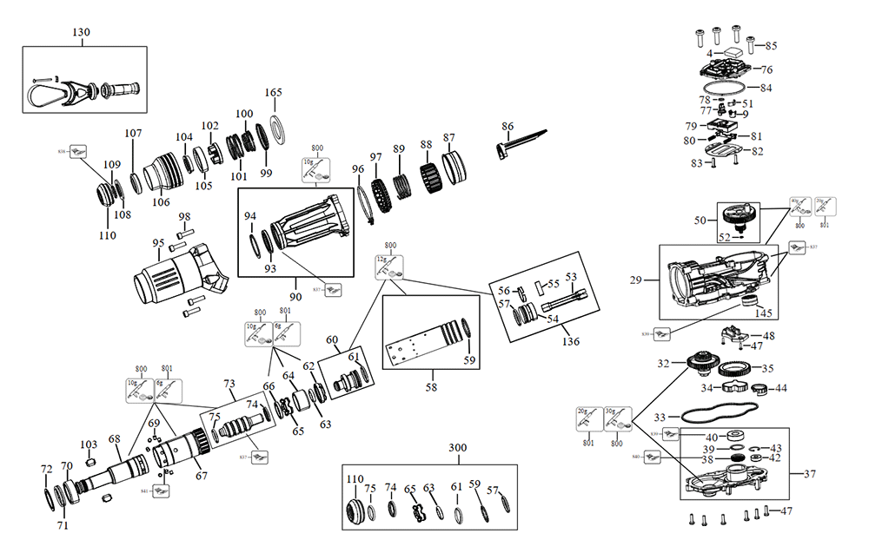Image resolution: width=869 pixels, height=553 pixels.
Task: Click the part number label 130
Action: pyautogui.click(x=81, y=32)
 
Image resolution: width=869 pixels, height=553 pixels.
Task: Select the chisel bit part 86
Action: pyautogui.click(x=522, y=141)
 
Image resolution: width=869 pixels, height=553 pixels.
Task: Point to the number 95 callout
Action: pyautogui.click(x=158, y=243)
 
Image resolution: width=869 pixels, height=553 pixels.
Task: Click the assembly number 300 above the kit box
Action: pyautogui.click(x=458, y=448)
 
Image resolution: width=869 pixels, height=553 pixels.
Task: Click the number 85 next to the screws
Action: pyautogui.click(x=771, y=45)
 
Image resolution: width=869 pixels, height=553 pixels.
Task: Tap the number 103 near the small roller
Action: pyautogui.click(x=89, y=444)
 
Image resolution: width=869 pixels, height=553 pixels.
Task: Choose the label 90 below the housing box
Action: pyautogui.click(x=296, y=297)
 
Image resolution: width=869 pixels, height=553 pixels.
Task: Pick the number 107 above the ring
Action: pyautogui.click(x=133, y=134)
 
